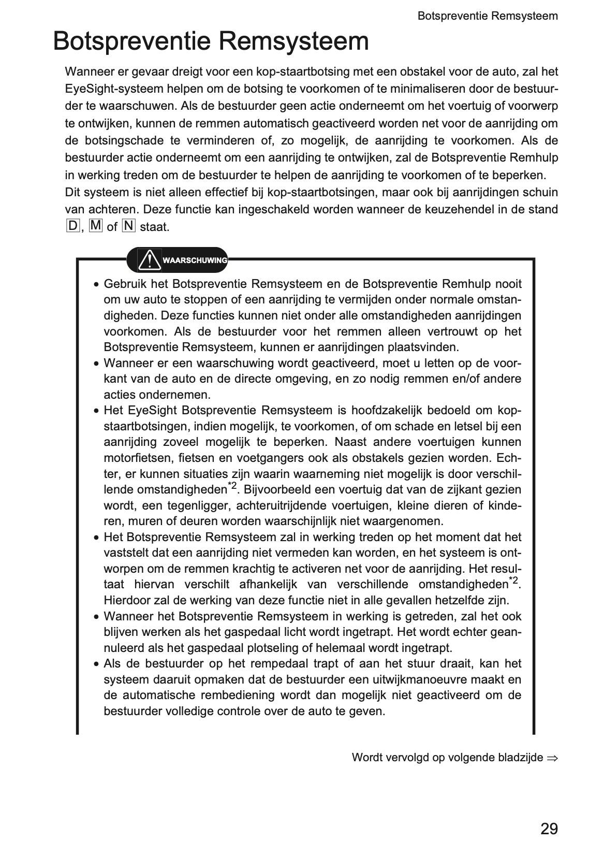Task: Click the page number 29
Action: (x=549, y=829)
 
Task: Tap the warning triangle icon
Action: (x=150, y=259)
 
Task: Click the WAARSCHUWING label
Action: (x=195, y=260)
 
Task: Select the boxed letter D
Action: (x=72, y=226)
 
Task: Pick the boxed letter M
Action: (x=96, y=226)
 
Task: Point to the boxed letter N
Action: (x=128, y=226)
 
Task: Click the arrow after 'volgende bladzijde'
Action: (x=553, y=758)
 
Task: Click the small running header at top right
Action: (x=487, y=16)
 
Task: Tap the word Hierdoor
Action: (x=126, y=601)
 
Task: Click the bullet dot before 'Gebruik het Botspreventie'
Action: (x=96, y=285)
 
